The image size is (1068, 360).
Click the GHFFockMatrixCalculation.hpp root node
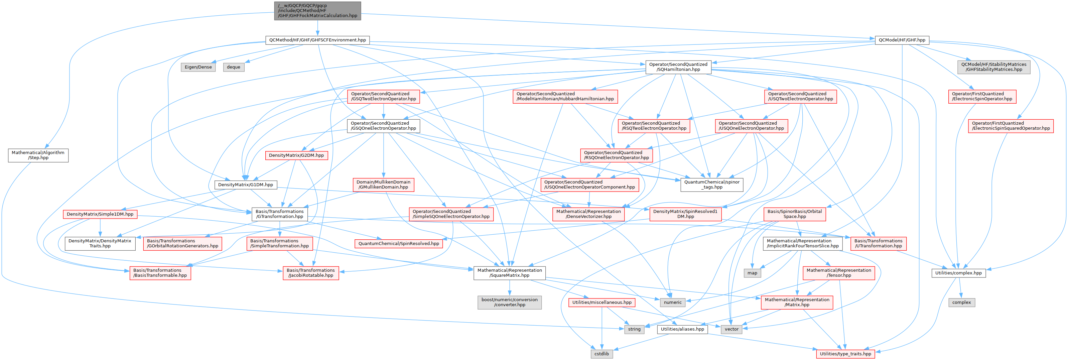(317, 11)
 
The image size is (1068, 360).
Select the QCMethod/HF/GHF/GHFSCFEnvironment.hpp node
(317, 40)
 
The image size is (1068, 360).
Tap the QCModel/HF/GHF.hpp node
(902, 40)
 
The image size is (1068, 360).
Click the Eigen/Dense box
(198, 67)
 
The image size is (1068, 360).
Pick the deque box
(234, 67)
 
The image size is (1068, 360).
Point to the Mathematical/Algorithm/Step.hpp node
(38, 155)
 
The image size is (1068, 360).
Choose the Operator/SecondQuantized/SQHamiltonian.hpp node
(678, 67)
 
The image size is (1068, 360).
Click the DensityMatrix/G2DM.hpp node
(296, 155)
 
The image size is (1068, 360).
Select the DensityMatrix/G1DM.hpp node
(245, 185)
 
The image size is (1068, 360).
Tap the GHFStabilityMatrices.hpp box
(993, 67)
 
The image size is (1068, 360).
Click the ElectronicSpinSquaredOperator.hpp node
(1011, 126)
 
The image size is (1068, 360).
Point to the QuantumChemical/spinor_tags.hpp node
(711, 185)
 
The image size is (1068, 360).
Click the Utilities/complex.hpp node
(958, 273)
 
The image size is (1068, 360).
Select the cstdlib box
(602, 354)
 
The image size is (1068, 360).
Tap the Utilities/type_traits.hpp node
(845, 354)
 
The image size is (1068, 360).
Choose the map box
(752, 273)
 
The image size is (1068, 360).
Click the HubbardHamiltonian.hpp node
(565, 97)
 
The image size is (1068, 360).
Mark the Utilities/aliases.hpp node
(682, 329)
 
